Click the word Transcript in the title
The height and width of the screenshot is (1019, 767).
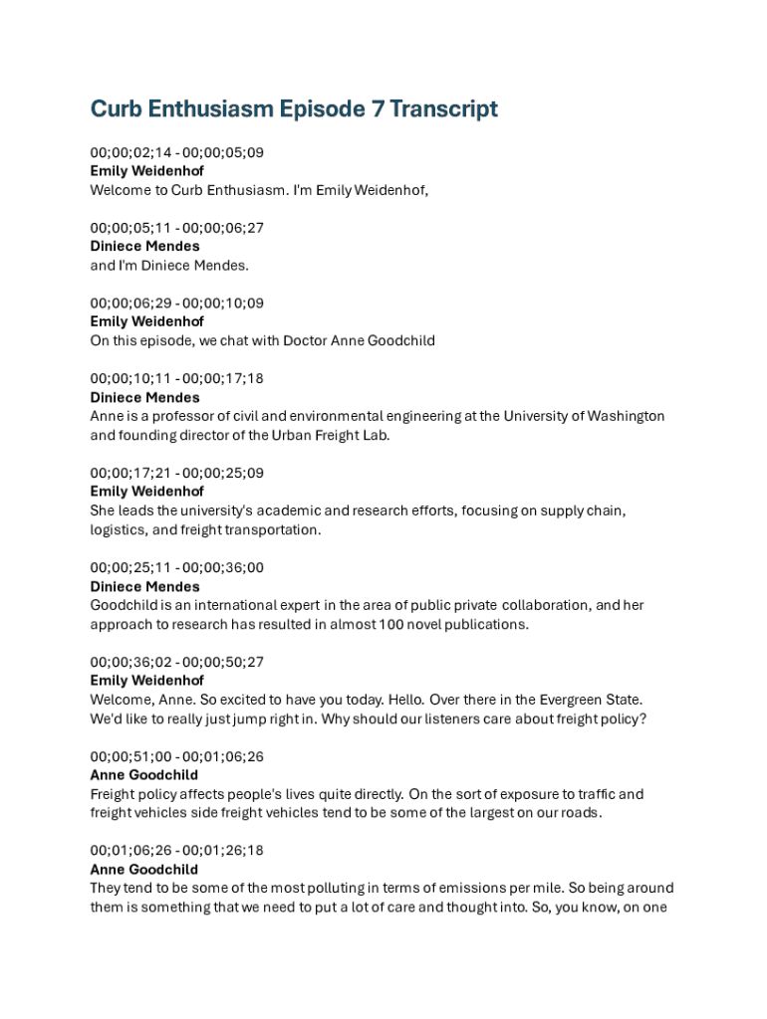[443, 108]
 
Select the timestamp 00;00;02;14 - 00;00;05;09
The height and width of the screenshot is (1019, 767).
[176, 152]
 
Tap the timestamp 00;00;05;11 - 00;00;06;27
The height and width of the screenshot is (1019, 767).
[176, 228]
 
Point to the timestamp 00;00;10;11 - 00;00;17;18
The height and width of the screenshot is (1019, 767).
[176, 378]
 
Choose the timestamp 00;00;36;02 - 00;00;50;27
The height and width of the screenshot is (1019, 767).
[176, 662]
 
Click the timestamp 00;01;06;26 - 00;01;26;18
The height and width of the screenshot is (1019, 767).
[176, 851]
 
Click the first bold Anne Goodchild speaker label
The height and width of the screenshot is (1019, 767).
[143, 775]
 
